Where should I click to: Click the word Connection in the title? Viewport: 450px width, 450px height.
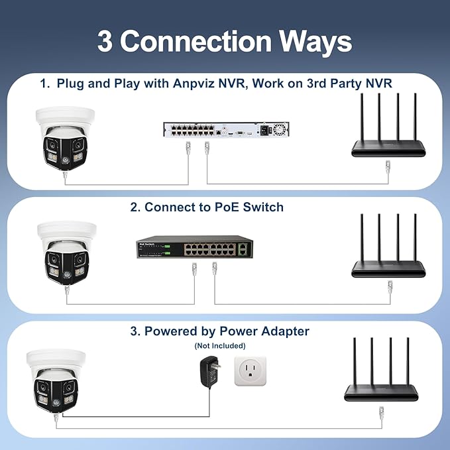click(196, 41)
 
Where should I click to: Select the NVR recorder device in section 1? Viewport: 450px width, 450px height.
click(226, 130)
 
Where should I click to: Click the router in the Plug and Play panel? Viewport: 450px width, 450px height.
click(388, 125)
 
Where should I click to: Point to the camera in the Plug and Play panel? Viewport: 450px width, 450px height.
click(65, 139)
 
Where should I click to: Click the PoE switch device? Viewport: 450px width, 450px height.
click(195, 247)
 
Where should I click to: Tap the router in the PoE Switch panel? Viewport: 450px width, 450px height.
click(388, 245)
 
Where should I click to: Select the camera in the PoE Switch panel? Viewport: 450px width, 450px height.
click(67, 253)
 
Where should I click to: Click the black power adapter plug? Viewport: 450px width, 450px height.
click(210, 372)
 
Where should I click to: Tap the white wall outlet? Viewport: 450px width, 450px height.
click(251, 371)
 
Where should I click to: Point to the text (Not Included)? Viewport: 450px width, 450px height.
click(220, 346)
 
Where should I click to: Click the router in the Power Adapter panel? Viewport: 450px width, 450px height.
click(381, 369)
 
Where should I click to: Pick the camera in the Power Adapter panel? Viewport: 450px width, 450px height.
click(56, 381)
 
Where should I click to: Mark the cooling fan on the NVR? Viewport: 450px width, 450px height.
click(280, 129)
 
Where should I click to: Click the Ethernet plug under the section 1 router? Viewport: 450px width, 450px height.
click(388, 167)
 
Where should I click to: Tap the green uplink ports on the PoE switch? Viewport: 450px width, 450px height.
click(243, 249)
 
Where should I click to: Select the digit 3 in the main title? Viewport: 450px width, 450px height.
click(105, 41)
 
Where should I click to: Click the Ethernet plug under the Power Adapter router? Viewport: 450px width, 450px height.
click(382, 413)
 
